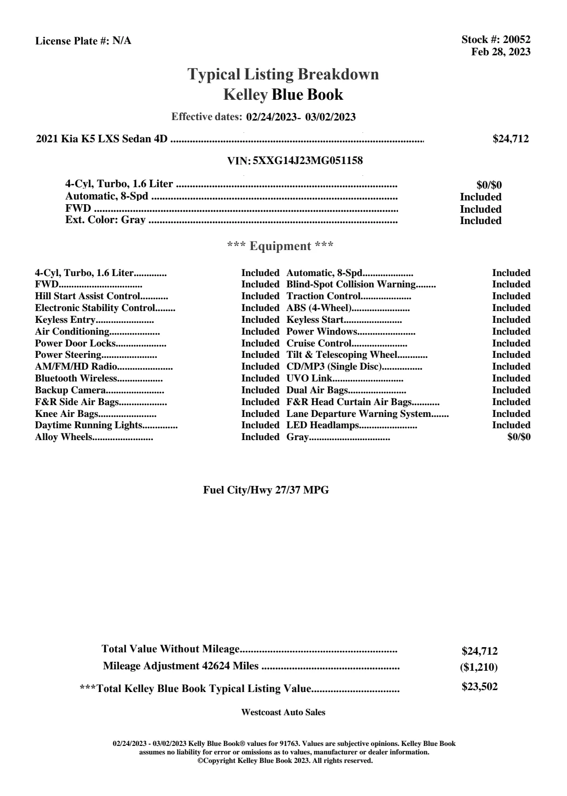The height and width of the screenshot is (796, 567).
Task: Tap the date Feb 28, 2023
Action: tap(500, 52)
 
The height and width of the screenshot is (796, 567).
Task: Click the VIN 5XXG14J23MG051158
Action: tap(307, 161)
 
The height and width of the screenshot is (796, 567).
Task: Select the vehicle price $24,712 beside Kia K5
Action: tap(510, 139)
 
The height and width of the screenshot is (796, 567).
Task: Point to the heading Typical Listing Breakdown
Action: tap(283, 74)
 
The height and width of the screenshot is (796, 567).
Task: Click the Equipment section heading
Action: tap(280, 246)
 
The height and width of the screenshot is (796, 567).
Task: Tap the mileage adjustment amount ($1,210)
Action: tap(479, 667)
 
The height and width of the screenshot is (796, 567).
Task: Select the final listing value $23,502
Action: tap(479, 687)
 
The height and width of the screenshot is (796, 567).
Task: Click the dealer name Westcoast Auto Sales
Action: tap(283, 712)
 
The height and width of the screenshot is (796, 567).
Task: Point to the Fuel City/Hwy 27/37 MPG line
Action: tap(266, 490)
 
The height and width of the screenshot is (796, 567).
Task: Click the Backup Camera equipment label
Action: tap(70, 390)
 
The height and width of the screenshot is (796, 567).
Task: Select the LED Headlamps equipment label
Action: tap(323, 425)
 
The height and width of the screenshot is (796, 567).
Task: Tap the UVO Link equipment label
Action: tap(309, 379)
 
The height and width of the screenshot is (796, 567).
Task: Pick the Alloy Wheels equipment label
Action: tap(63, 437)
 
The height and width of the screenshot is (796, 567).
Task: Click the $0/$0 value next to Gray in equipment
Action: tap(518, 437)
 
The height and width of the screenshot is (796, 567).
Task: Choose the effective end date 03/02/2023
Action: tap(330, 117)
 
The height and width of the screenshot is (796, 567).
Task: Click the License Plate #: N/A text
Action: tap(83, 41)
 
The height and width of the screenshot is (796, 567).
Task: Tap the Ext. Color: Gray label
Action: tap(105, 220)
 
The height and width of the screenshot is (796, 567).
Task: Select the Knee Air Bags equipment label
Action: tap(66, 414)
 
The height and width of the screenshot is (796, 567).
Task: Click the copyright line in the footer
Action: tap(285, 761)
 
